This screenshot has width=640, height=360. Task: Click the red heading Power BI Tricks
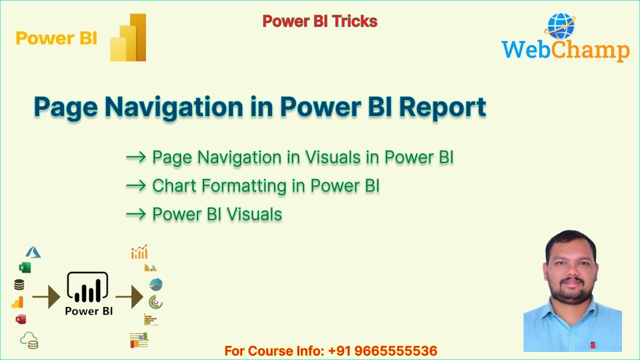319,21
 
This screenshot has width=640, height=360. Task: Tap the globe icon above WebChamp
561,26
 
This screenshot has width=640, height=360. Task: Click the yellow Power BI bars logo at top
128,38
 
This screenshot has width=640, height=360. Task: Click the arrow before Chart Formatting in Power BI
135,186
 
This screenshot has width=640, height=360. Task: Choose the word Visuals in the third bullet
254,214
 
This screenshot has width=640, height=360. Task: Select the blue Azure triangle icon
33,252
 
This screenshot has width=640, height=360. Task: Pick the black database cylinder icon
19,285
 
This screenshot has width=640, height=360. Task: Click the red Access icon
20,319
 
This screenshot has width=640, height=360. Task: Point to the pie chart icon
156,284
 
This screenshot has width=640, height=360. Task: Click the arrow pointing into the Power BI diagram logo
46,298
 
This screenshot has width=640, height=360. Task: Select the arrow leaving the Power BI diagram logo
129,298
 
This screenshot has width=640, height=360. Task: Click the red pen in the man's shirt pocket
592,344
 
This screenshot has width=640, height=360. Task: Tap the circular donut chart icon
155,302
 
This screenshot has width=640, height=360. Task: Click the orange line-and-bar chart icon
139,252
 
